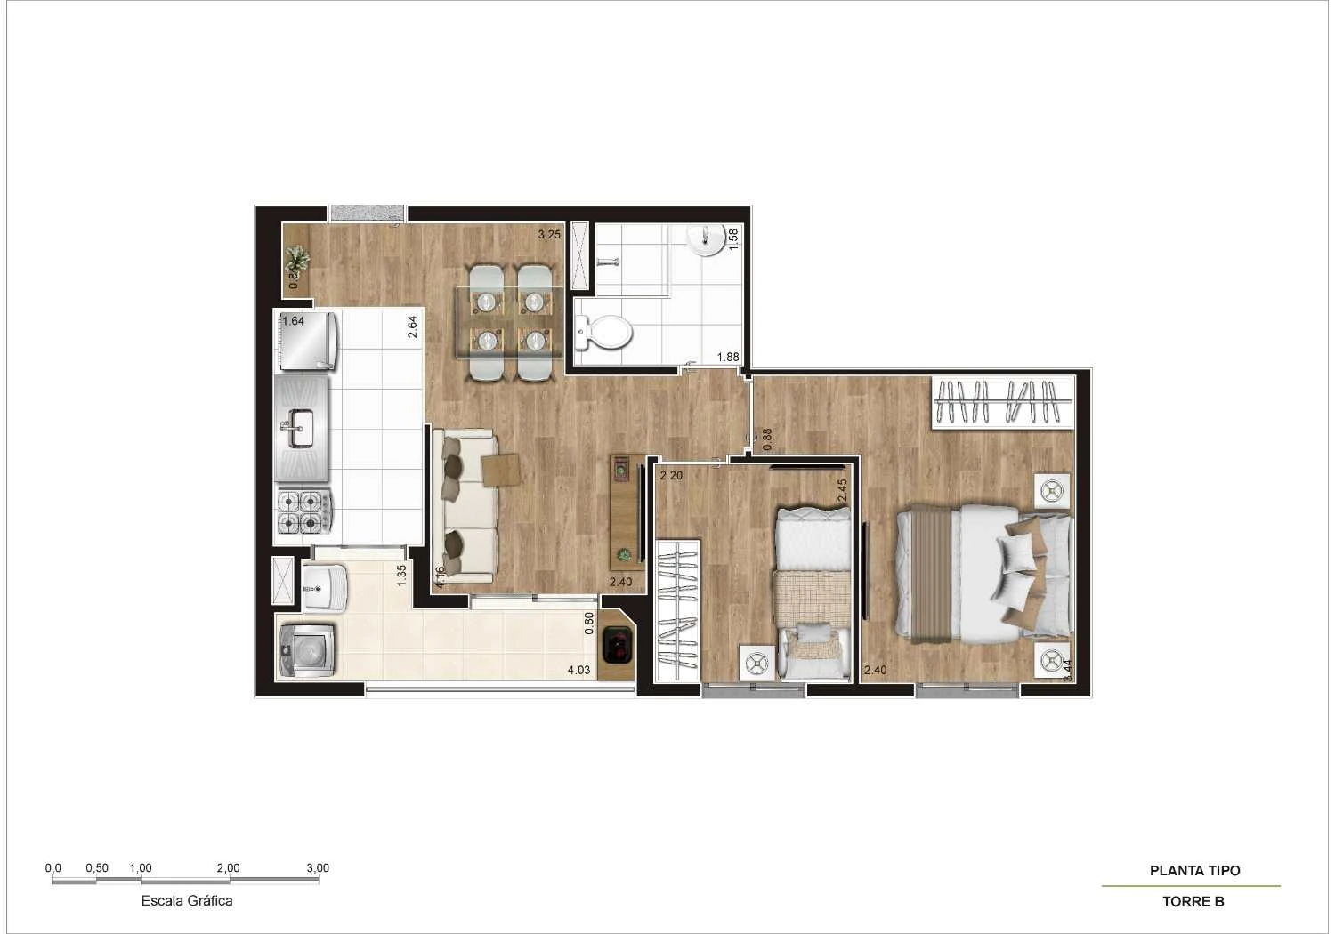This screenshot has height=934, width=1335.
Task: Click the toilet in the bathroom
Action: (605, 334)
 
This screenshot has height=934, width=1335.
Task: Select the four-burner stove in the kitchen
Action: (303, 512)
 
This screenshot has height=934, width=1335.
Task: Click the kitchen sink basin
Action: (300, 429)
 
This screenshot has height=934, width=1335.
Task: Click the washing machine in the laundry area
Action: (306, 649)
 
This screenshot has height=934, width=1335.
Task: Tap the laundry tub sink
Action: (323, 587)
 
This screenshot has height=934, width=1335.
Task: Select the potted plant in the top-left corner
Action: (296, 260)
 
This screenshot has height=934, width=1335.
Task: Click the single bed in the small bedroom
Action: (812, 592)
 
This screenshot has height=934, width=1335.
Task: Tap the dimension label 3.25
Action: (549, 235)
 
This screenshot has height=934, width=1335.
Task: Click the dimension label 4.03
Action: (578, 670)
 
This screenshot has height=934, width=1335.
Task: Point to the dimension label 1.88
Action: (728, 358)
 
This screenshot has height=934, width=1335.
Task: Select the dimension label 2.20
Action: (671, 476)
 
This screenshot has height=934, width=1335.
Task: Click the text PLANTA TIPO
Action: (1194, 871)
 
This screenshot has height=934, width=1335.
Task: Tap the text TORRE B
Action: (1193, 901)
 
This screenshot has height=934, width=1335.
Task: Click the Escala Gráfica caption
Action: (187, 900)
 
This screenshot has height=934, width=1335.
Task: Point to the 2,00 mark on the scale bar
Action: (228, 868)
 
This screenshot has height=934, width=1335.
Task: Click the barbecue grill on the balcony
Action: (617, 645)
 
